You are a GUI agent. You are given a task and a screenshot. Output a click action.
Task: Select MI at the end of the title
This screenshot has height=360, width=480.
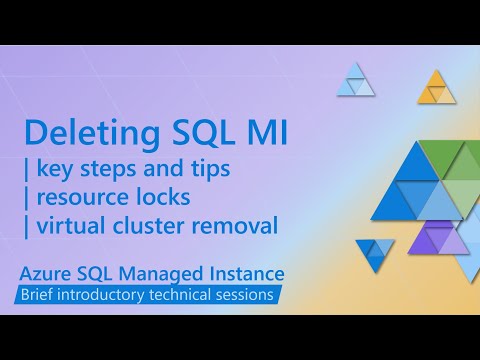(x=262, y=134)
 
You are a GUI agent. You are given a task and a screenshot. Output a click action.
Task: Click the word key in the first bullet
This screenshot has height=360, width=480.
(x=58, y=169)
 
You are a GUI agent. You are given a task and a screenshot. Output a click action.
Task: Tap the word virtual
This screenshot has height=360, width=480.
(x=72, y=226)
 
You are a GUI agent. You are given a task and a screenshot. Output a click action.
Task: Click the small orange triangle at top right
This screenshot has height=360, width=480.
(x=436, y=90)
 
